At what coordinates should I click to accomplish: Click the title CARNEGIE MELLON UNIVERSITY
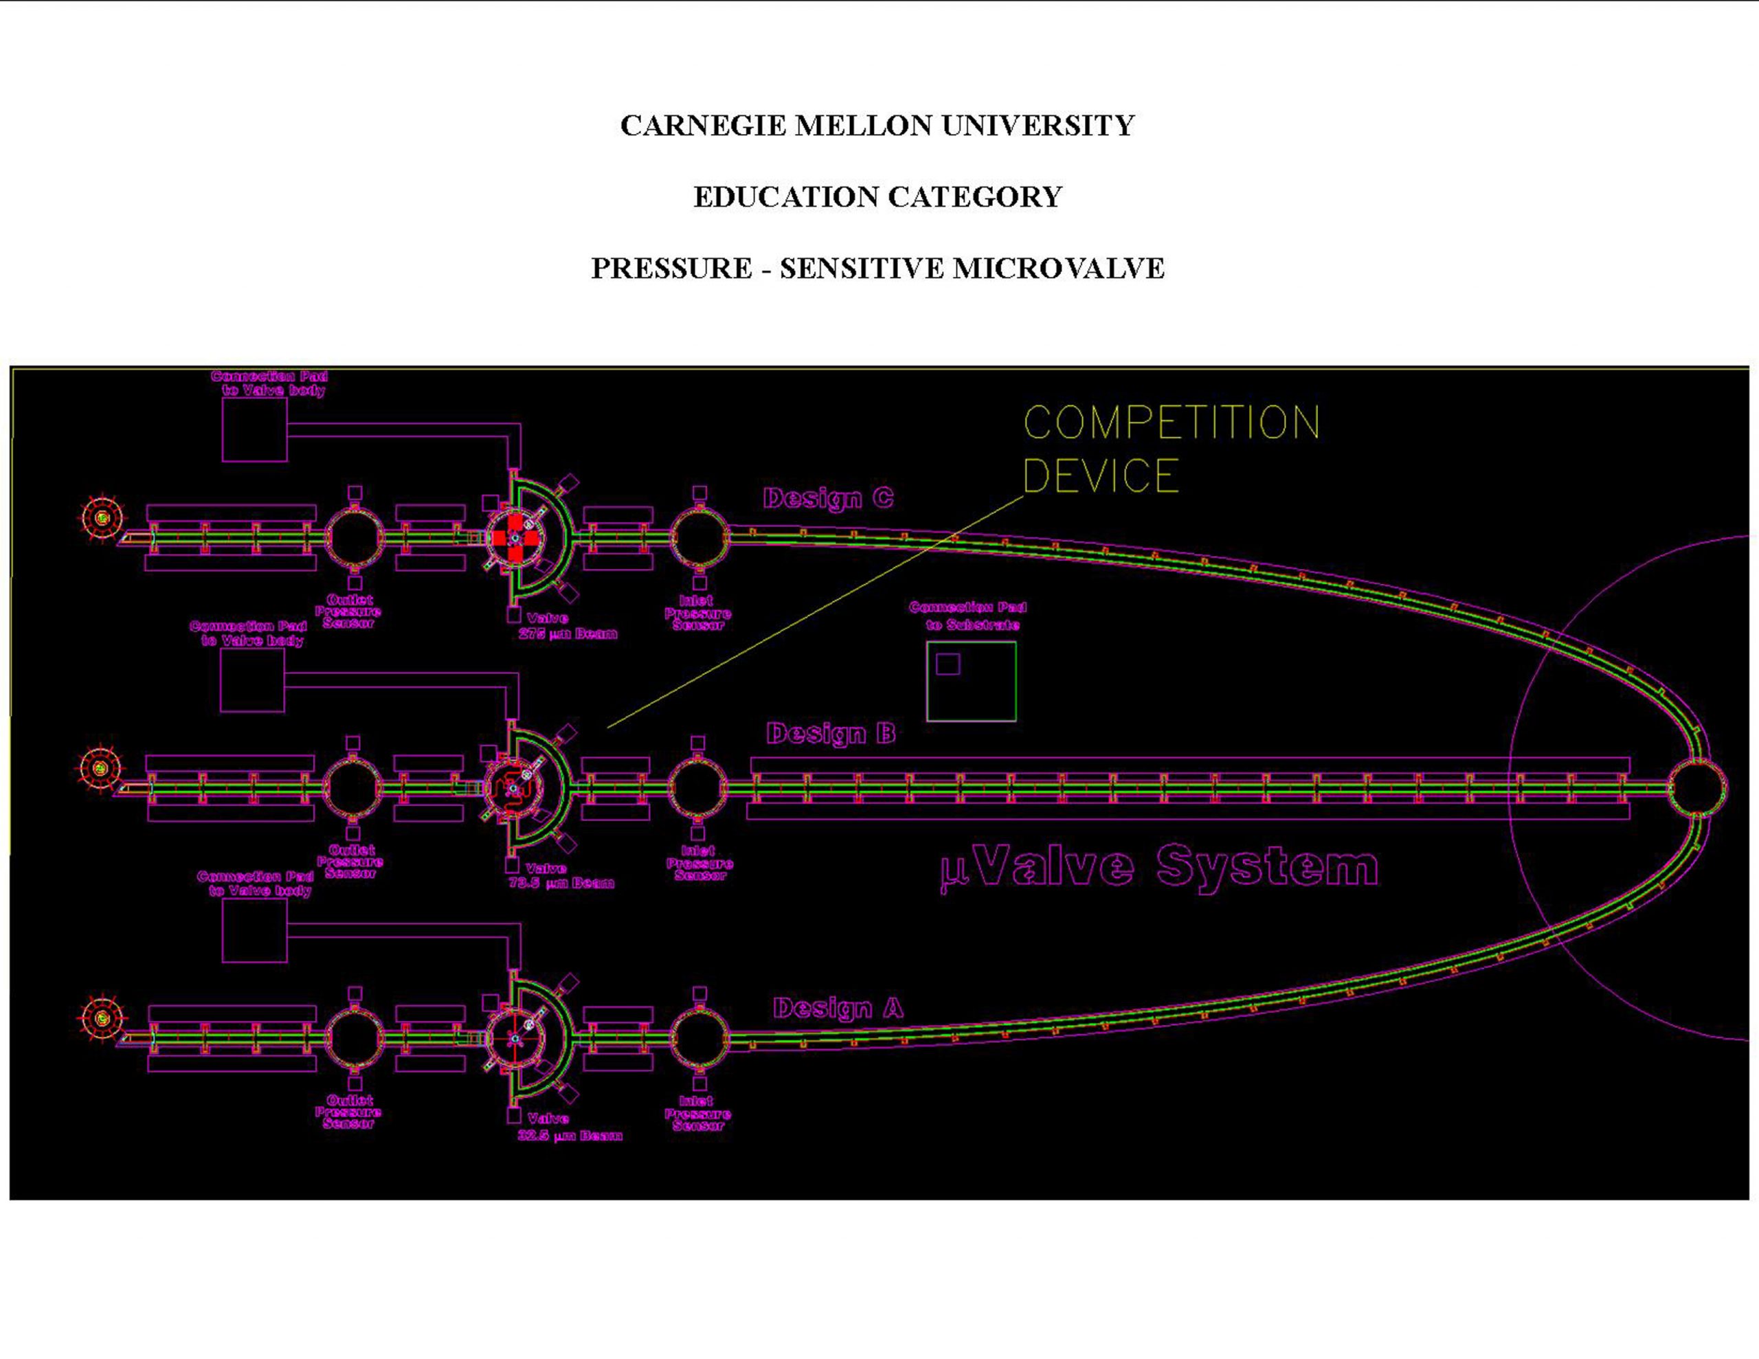point(877,126)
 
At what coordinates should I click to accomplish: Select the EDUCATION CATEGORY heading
point(877,197)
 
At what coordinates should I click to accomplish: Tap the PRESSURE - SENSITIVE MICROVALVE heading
point(877,268)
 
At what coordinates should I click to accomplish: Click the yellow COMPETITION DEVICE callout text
point(1170,448)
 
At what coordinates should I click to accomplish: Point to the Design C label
point(828,498)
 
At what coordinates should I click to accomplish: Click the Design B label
point(830,733)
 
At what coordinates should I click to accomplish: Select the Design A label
point(838,1008)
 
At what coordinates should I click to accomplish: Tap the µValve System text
point(1160,867)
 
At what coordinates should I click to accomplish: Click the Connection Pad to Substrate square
point(972,681)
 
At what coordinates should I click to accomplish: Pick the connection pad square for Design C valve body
point(254,430)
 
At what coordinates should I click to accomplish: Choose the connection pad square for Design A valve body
point(254,930)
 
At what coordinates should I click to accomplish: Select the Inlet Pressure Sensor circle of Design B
point(697,788)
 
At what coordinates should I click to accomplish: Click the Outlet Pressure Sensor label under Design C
point(348,611)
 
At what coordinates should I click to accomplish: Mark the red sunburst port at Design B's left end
point(100,769)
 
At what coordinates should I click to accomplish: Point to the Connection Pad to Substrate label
point(968,616)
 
